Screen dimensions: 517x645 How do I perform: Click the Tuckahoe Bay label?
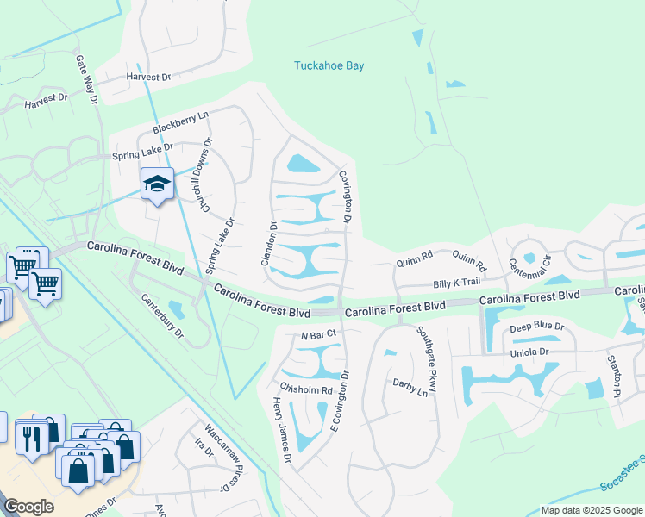(x=329, y=65)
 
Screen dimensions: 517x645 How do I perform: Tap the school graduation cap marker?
(x=157, y=184)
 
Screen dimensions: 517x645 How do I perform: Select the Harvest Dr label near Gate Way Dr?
(x=46, y=100)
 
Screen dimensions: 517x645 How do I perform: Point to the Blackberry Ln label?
(x=181, y=122)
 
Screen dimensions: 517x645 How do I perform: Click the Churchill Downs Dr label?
(x=206, y=168)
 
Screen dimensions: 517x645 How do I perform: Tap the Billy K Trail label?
(x=456, y=283)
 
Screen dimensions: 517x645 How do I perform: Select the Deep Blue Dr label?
(x=536, y=327)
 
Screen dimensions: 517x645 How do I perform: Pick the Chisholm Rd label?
(x=304, y=389)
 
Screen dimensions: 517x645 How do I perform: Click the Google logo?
(x=29, y=507)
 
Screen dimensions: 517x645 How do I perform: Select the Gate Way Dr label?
(x=87, y=81)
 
